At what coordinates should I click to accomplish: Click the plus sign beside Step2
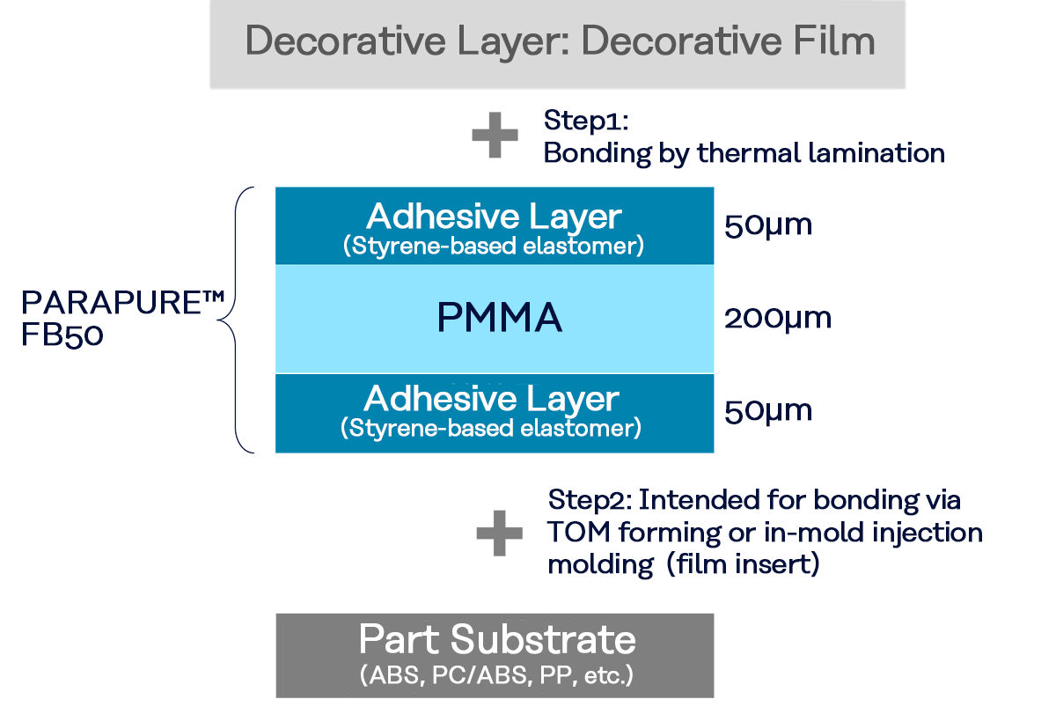(x=499, y=534)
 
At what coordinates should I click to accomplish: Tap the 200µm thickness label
(x=777, y=318)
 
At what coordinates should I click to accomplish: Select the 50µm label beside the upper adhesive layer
(x=767, y=226)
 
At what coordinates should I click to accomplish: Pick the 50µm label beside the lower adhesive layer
(x=767, y=410)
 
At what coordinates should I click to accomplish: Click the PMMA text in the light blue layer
(x=499, y=318)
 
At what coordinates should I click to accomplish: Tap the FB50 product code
(x=62, y=336)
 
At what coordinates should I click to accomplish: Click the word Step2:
(x=587, y=500)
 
